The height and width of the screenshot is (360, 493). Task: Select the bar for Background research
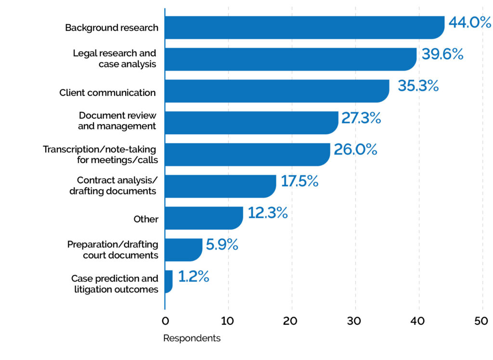[304, 27]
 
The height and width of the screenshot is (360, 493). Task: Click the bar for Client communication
[277, 91]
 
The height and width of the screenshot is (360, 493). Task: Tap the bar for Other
[204, 218]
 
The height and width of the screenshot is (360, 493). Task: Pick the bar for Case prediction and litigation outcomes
[169, 282]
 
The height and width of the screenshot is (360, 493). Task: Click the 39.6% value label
[442, 54]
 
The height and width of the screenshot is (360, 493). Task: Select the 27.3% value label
[361, 118]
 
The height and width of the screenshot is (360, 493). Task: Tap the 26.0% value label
[355, 150]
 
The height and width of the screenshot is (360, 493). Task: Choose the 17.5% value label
[299, 181]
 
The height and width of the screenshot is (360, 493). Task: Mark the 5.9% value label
[222, 245]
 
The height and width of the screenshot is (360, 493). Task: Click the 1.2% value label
[194, 277]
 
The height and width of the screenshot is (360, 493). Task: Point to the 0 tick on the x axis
[165, 321]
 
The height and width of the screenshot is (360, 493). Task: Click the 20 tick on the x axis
[292, 321]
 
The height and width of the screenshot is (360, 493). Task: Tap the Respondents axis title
[192, 338]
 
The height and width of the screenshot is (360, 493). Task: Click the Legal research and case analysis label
[115, 59]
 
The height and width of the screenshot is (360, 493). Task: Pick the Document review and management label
[117, 121]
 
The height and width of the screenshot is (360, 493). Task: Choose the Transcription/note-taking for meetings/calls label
[100, 154]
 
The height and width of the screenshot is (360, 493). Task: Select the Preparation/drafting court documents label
[112, 250]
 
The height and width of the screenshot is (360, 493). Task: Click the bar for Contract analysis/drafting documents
[220, 186]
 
